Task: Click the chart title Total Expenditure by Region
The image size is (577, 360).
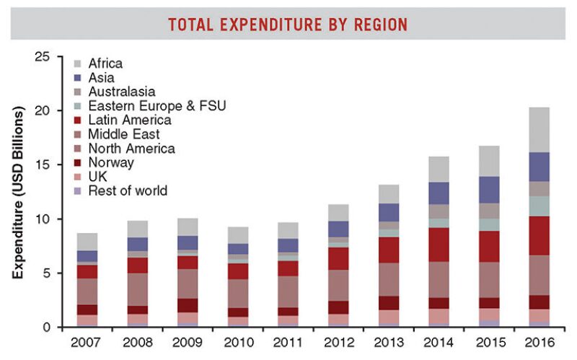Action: tap(288, 25)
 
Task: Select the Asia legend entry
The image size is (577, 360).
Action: tap(100, 77)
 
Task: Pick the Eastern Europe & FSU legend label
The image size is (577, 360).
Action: tap(157, 106)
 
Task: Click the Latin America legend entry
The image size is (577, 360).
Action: tap(129, 120)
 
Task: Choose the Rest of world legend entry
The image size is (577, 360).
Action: tap(127, 190)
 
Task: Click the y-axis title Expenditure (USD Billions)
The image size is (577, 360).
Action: tap(19, 193)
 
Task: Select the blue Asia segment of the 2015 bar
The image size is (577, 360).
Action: tap(489, 190)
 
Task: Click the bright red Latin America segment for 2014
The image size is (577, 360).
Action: tap(439, 245)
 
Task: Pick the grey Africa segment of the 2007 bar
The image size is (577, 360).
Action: tap(88, 242)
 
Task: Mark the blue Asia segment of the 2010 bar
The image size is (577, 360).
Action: tap(239, 249)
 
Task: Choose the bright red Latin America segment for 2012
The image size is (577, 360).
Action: tap(338, 259)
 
